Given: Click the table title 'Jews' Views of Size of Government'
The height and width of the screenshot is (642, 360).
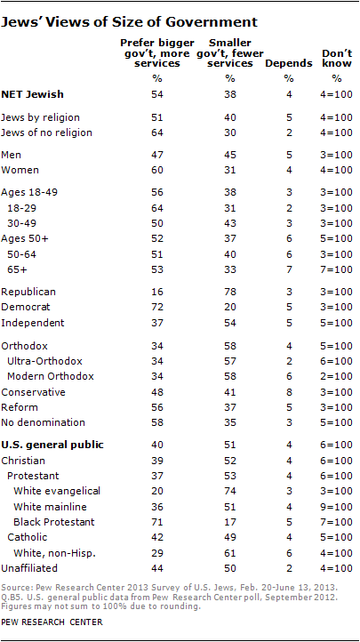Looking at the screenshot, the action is [x=130, y=22].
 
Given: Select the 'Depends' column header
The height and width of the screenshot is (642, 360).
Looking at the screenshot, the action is [x=288, y=63].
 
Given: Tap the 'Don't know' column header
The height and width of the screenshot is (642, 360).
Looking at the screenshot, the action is [x=337, y=58].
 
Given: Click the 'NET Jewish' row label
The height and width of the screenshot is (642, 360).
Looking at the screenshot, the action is [x=33, y=94].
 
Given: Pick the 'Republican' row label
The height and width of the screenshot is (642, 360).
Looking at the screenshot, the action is [x=28, y=292].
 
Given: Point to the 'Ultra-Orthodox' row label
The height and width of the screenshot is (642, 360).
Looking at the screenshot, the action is [x=45, y=361].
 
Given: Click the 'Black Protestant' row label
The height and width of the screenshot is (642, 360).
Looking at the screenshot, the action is [x=54, y=522].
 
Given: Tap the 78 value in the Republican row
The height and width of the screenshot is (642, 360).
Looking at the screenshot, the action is [x=230, y=292].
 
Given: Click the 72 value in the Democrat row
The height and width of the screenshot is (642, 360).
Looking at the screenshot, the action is [x=158, y=307].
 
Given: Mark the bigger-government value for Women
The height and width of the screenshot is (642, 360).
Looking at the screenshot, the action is [x=158, y=170].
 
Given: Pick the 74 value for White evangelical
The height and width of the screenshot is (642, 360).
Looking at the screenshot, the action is [x=230, y=492].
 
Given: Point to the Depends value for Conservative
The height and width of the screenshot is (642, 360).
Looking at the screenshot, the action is [x=288, y=392].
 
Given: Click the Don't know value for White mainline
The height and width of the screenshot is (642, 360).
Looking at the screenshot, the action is [x=337, y=507].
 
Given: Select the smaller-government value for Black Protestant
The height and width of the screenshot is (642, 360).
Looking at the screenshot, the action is [x=230, y=522].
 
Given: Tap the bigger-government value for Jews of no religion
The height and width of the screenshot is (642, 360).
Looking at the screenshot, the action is [x=158, y=132].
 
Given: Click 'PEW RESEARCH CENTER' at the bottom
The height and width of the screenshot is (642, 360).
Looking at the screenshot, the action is [x=52, y=622].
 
